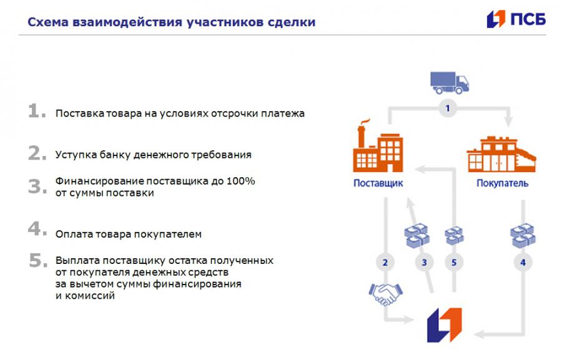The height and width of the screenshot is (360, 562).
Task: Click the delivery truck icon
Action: coord(450,83)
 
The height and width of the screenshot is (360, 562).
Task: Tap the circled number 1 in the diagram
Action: coord(447,108)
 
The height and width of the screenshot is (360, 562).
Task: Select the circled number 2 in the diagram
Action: coord(385,263)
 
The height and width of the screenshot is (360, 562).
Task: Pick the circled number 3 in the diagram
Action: coord(425,263)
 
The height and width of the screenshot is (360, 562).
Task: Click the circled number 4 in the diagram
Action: coord(523,263)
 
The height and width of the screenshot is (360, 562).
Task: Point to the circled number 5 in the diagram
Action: coord(454,263)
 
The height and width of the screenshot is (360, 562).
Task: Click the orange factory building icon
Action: coord(378,146)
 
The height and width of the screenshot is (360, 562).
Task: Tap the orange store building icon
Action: coord(501,154)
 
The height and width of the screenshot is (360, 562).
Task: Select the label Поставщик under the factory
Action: coord(378,183)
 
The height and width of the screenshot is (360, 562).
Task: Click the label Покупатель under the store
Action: coord(502,183)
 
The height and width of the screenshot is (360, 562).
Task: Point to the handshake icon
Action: coord(386,294)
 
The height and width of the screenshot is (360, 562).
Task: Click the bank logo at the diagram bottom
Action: coord(444,325)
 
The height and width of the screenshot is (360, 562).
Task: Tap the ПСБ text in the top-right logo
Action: coord(528,19)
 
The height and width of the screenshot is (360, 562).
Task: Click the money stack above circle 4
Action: coord(523,236)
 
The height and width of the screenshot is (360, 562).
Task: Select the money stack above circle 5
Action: coord(454,236)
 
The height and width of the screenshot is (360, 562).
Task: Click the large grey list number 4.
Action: coord(37,228)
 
